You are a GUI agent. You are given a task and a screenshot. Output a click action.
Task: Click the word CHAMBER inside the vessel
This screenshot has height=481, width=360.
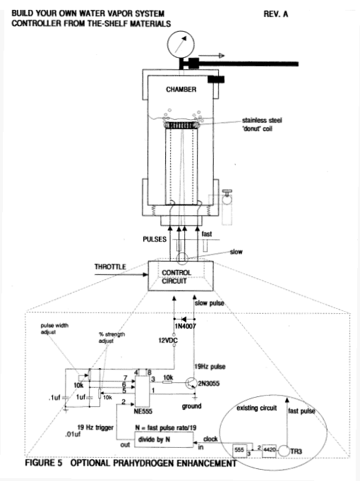[x=181, y=90]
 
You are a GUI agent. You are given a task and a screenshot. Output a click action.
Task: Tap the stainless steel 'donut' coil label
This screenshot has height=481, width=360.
[x=262, y=124]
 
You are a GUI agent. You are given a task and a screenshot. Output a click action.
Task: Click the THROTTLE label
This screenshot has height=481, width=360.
[x=110, y=267]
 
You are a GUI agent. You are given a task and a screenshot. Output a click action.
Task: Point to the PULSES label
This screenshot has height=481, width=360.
[x=155, y=239]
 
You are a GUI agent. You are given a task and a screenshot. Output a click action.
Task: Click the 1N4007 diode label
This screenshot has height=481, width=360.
[x=185, y=327]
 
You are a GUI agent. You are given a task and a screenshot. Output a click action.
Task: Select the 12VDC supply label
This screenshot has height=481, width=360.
[x=168, y=340]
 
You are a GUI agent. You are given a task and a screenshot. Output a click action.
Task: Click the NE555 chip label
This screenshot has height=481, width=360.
[x=143, y=411]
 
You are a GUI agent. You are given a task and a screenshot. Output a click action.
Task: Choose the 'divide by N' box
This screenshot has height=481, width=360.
[x=164, y=439]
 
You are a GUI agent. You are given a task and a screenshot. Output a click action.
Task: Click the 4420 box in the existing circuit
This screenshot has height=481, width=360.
[x=269, y=450]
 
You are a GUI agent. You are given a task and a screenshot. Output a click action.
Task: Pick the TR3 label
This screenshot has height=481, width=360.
[x=296, y=451]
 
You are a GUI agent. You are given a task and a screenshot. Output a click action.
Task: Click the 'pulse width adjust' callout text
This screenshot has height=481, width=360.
[x=54, y=329]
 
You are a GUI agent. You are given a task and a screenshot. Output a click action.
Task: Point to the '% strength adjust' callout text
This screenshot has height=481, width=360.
[x=112, y=337]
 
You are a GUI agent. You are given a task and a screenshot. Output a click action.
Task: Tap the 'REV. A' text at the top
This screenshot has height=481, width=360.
[x=275, y=14]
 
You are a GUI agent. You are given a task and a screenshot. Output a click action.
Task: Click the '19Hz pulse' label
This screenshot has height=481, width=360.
[x=210, y=367]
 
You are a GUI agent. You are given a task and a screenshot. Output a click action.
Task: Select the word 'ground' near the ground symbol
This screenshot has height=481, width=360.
[x=192, y=406]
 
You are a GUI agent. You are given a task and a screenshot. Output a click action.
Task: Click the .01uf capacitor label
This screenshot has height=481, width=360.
[x=73, y=434]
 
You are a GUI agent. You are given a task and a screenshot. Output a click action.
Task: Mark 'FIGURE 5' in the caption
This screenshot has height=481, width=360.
[x=44, y=463]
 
